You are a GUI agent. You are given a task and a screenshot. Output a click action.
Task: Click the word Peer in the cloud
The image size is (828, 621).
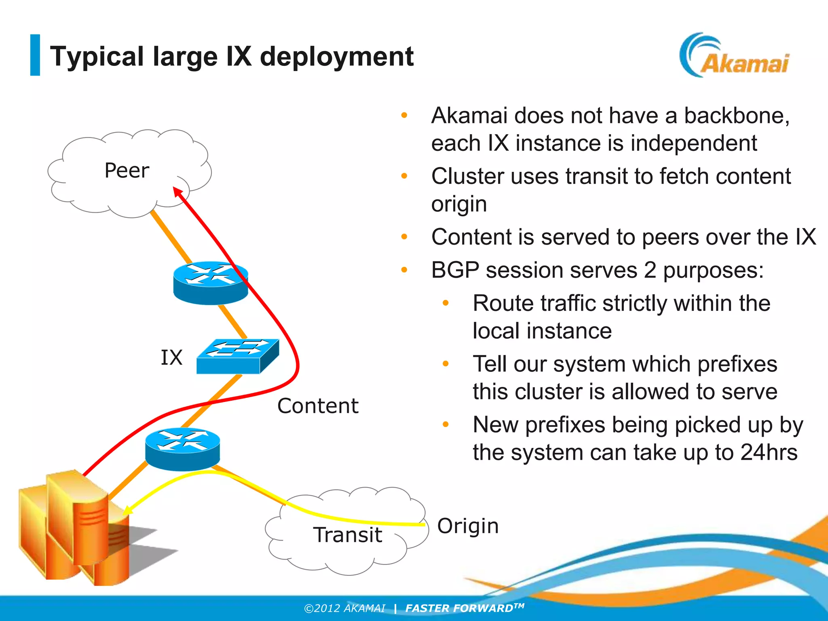click(x=127, y=170)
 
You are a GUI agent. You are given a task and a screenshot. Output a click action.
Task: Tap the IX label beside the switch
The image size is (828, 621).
click(x=171, y=357)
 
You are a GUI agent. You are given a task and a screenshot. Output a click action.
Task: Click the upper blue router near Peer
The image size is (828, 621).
click(x=210, y=283)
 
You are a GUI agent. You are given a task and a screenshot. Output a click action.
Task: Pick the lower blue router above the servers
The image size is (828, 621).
click(x=182, y=449)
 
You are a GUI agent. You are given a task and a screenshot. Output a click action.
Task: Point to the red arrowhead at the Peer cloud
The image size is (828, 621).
click(x=177, y=191)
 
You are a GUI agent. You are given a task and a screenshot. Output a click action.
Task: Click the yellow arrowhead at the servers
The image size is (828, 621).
click(x=127, y=511)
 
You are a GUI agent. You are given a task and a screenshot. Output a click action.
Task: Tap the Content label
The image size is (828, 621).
click(x=318, y=406)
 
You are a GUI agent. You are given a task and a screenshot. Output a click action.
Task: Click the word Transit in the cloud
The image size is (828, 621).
click(x=347, y=534)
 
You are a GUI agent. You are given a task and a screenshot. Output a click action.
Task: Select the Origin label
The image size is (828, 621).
click(x=468, y=526)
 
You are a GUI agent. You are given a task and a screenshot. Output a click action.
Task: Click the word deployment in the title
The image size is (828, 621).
click(x=337, y=56)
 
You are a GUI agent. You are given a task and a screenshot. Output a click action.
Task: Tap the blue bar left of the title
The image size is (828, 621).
click(x=35, y=55)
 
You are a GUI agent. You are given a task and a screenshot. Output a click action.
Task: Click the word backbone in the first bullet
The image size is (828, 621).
click(x=736, y=116)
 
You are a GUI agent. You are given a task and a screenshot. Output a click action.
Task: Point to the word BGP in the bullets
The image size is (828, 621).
click(x=455, y=270)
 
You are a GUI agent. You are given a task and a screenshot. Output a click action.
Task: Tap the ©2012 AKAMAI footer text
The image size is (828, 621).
click(x=344, y=608)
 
